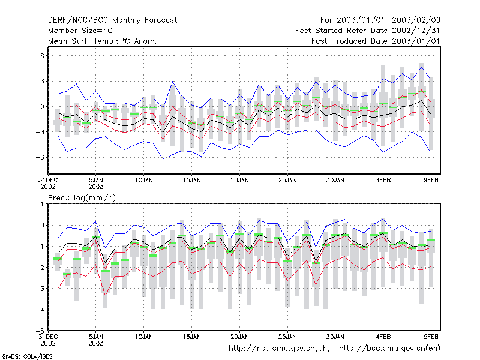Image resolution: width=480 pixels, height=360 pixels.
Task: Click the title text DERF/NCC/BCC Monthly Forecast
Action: pyautogui.click(x=112, y=20)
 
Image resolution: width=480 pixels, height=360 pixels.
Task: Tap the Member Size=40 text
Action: pyautogui.click(x=80, y=31)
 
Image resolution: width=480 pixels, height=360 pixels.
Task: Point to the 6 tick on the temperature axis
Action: pyautogui.click(x=42, y=56)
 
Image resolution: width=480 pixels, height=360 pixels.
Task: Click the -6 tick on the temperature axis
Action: pyautogui.click(x=40, y=157)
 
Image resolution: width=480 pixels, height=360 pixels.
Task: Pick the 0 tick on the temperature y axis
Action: pyautogui.click(x=42, y=107)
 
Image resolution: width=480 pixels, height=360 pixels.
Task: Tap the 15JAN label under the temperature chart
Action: pyautogui.click(x=191, y=181)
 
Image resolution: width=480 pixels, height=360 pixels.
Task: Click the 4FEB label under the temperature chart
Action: pyautogui.click(x=383, y=181)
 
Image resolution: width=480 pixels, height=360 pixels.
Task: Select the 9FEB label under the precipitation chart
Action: pyautogui.click(x=431, y=337)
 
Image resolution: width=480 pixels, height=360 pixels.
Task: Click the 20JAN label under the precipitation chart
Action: pyautogui.click(x=239, y=337)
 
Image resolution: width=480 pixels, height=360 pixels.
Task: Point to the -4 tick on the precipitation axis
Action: pyautogui.click(x=40, y=310)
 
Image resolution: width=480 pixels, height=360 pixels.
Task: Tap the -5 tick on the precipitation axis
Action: pyautogui.click(x=40, y=331)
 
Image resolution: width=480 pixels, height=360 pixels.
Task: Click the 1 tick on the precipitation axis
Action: pyautogui.click(x=42, y=204)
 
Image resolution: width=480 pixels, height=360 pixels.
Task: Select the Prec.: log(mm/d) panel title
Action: pyautogui.click(x=82, y=198)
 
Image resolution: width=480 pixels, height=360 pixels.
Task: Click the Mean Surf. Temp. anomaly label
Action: pyautogui.click(x=102, y=41)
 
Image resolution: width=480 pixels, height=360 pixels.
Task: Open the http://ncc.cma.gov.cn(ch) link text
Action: pyautogui.click(x=279, y=349)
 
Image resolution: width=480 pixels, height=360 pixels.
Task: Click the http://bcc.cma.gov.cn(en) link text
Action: pyautogui.click(x=389, y=349)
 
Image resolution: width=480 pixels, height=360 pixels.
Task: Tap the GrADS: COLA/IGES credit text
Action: pyautogui.click(x=27, y=356)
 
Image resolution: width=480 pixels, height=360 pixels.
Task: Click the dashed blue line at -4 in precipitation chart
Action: pyautogui.click(x=244, y=310)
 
